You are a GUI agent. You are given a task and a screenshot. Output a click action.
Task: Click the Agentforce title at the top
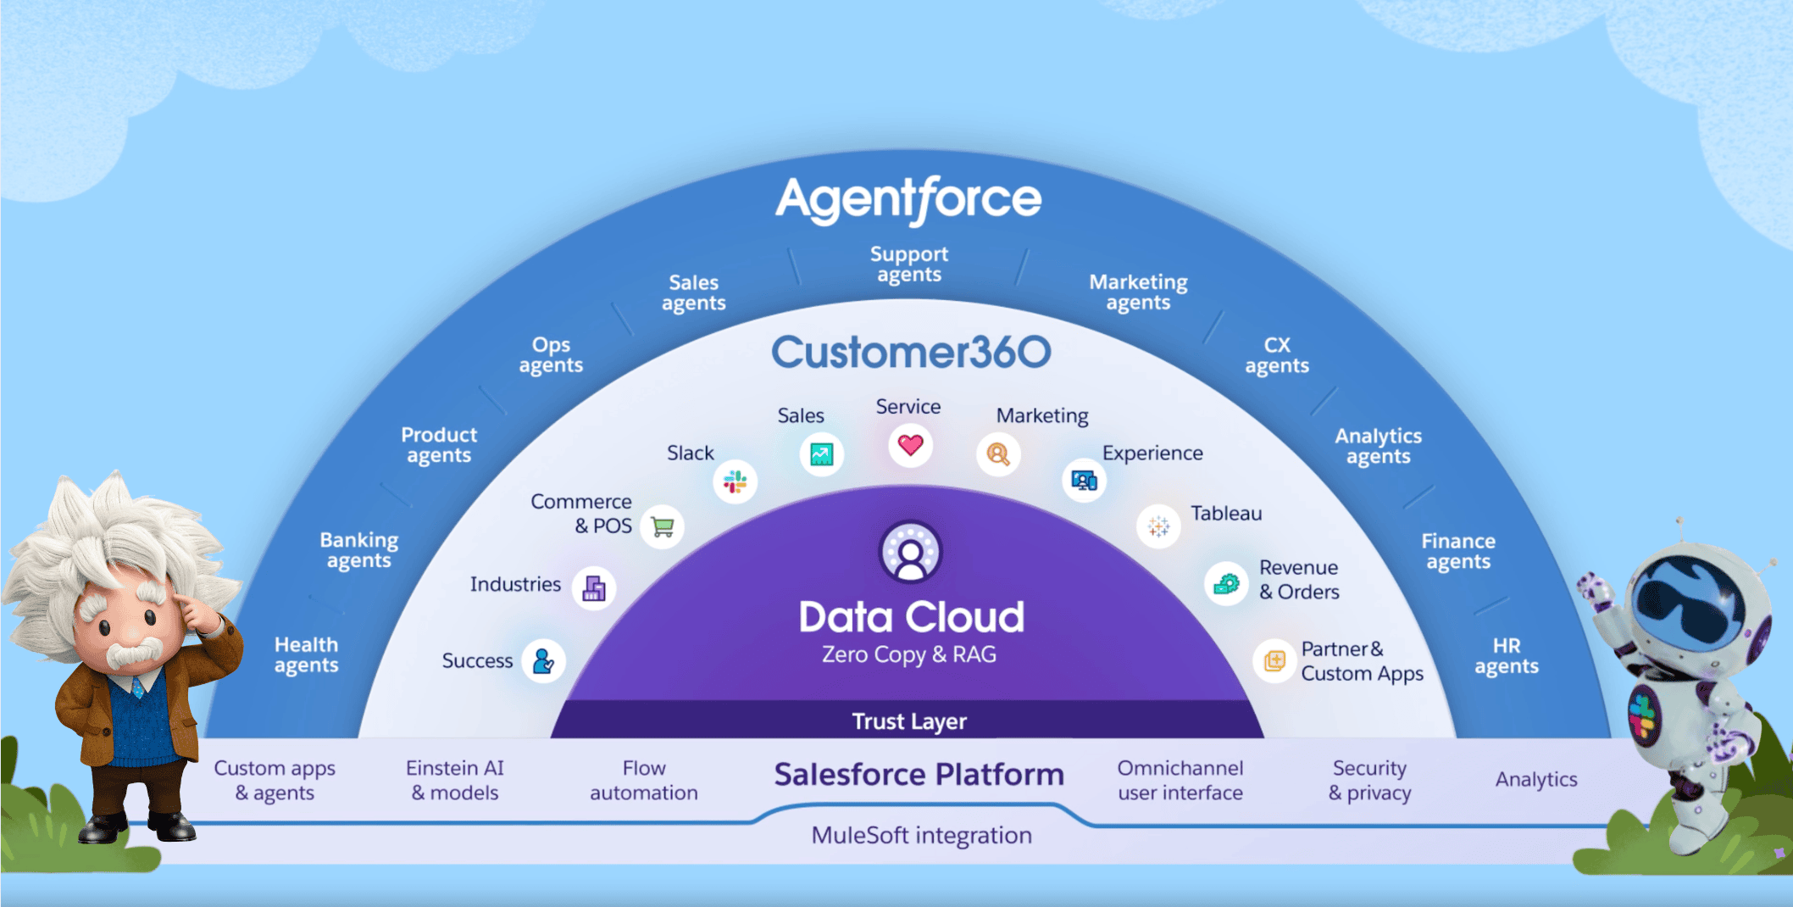click(908, 200)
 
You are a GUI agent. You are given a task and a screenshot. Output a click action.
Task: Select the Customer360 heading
click(911, 352)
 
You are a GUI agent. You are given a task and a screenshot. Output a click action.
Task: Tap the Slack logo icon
click(735, 482)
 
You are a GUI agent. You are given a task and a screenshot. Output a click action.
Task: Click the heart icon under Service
click(910, 445)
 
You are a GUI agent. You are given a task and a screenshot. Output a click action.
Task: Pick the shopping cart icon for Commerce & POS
click(663, 526)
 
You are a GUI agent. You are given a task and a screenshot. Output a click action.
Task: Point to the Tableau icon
click(1158, 526)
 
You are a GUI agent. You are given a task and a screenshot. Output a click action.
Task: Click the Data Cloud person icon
click(910, 552)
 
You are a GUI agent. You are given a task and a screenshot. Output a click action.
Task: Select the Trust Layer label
click(909, 721)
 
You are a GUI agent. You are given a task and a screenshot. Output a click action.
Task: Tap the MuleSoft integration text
click(921, 836)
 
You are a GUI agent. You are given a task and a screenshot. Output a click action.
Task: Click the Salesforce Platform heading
click(919, 775)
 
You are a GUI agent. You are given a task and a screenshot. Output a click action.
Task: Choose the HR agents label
click(1507, 656)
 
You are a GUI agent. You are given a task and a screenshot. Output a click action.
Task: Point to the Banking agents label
click(359, 550)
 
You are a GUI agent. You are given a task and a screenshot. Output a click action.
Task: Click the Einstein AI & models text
click(455, 781)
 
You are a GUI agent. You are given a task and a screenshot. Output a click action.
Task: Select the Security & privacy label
click(1369, 781)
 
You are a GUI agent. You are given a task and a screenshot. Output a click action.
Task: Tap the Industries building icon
click(594, 588)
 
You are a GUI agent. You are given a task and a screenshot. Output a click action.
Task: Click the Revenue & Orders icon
click(1226, 583)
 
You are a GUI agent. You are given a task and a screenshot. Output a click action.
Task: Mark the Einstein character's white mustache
click(134, 653)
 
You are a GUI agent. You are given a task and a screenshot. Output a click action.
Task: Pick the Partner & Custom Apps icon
click(1274, 660)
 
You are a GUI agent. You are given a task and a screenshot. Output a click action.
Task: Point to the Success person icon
click(543, 661)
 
